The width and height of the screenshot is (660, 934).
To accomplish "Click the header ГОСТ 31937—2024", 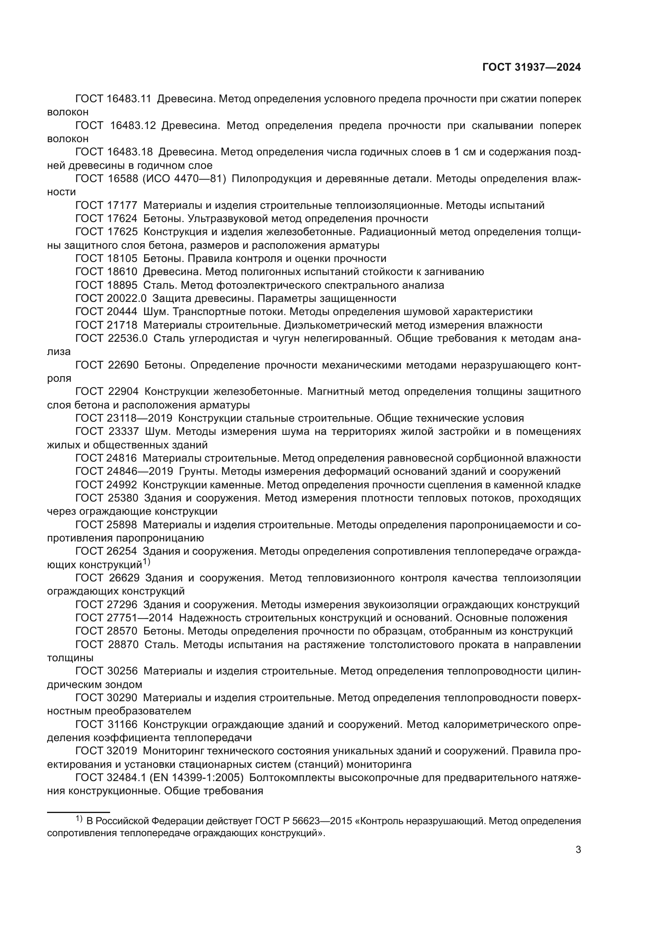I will tap(532, 67).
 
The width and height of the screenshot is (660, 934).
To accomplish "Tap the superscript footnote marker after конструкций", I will tap(146, 563).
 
